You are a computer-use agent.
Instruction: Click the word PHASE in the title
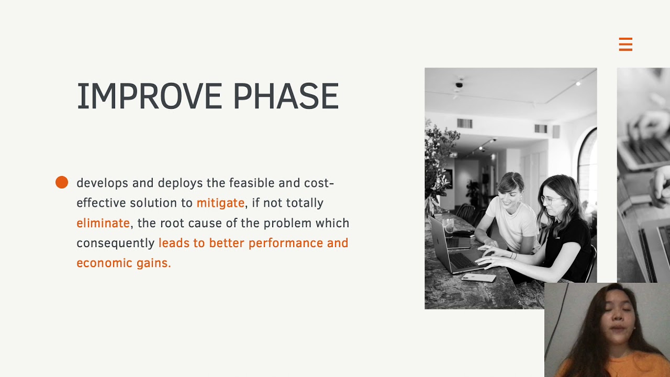(x=286, y=96)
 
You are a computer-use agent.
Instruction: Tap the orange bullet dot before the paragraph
(x=62, y=182)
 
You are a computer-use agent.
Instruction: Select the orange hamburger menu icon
(x=626, y=45)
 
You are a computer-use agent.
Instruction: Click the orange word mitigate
(x=220, y=203)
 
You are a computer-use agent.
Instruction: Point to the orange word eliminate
(x=103, y=223)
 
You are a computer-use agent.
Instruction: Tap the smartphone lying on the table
(x=478, y=278)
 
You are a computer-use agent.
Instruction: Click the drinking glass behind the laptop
(x=449, y=225)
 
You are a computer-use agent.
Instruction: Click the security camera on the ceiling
(x=459, y=84)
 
